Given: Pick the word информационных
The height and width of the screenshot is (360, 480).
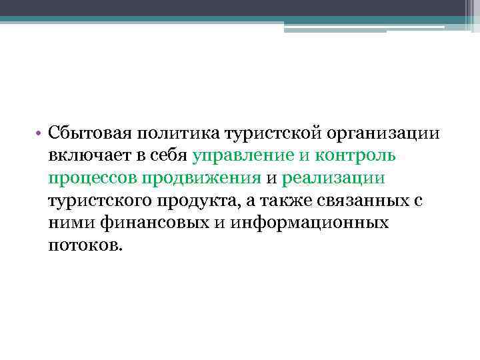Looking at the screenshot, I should coord(310,223).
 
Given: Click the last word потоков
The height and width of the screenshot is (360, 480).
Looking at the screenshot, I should coord(85,245).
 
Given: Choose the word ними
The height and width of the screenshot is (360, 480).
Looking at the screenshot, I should coord(69,223).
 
